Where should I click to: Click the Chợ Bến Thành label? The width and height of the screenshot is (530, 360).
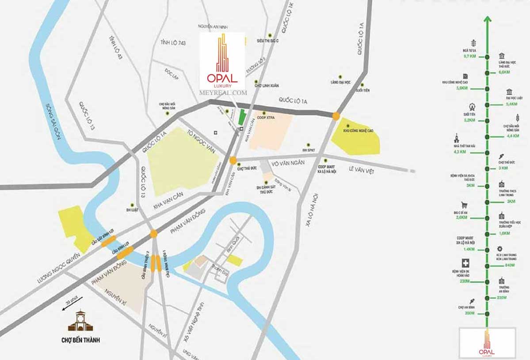tap(81, 340)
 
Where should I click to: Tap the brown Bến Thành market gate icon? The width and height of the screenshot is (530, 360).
tap(80, 321)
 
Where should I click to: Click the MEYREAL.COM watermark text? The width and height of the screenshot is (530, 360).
tap(223, 93)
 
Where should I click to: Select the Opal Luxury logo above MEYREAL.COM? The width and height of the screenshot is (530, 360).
tap(222, 60)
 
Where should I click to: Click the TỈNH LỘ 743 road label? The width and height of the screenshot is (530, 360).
tap(176, 42)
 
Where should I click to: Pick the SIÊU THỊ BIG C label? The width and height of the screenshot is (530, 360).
tap(268, 41)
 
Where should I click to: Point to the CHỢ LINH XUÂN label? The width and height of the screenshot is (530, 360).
tap(270, 85)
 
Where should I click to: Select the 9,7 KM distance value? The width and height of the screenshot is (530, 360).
tap(469, 57)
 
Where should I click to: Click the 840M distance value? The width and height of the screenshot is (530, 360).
tap(510, 265)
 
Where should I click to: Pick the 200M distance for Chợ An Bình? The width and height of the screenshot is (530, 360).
tap(469, 313)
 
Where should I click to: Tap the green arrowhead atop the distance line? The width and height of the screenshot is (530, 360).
tap(487, 19)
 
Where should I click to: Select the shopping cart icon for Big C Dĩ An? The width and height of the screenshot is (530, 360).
tap(464, 205)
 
